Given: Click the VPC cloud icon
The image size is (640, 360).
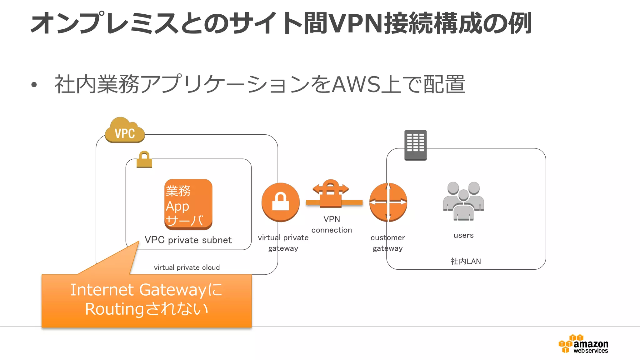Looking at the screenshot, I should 125,131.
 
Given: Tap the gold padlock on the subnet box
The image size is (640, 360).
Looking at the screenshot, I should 144,160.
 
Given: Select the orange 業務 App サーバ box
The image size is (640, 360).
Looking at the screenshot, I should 188,204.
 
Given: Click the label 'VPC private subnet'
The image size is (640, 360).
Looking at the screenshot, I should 188,240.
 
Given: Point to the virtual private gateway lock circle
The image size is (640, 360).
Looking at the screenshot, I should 280,202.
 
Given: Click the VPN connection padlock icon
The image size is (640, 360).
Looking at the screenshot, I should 331,193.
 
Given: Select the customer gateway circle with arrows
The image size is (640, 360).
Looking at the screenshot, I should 388,202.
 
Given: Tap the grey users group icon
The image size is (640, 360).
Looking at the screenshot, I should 463,201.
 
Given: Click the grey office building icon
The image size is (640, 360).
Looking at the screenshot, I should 415,145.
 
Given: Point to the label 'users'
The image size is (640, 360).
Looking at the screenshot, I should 463,235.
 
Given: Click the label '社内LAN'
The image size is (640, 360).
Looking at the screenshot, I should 466,261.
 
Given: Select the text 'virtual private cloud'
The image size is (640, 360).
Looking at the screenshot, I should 187,267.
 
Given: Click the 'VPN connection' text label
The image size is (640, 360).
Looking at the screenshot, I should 332,224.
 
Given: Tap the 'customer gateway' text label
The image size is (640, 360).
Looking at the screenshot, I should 387,243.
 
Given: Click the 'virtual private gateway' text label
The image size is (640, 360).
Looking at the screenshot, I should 283,243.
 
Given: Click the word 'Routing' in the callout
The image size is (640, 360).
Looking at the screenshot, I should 114,309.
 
